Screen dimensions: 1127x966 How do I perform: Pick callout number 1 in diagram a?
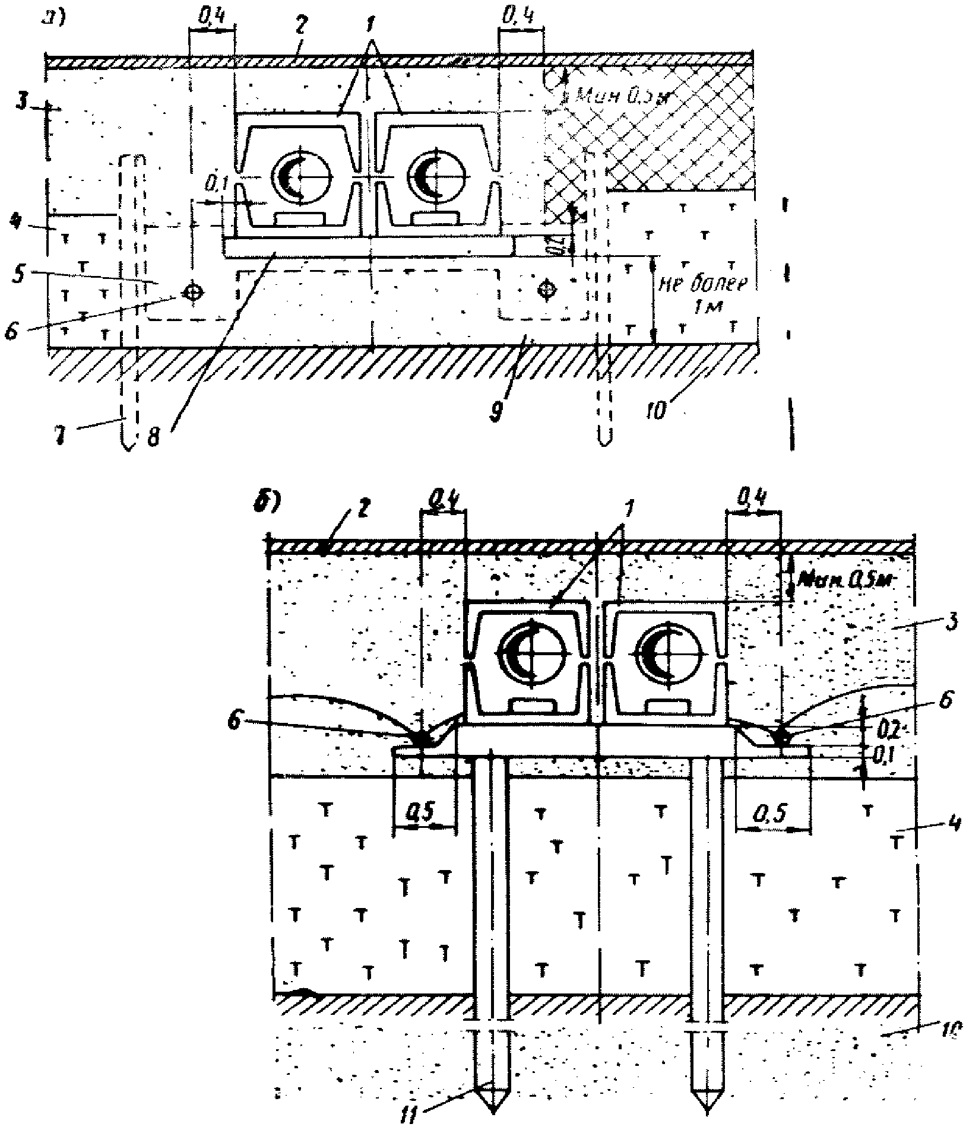371,43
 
